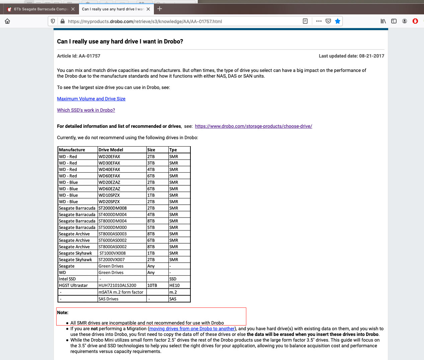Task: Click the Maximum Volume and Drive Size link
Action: (91, 99)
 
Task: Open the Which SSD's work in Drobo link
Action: (86, 110)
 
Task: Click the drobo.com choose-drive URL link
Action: (253, 126)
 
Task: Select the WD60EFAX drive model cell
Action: (109, 176)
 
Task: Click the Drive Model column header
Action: (111, 150)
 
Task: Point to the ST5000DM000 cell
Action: (113, 228)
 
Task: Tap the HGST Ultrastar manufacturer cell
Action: (73, 285)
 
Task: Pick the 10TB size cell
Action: (152, 285)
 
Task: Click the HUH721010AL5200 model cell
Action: (117, 285)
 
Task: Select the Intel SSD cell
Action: (67, 279)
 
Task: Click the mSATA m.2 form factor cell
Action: (121, 292)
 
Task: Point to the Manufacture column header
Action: (72, 150)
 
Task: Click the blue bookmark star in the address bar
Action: (338, 21)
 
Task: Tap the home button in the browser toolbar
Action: (7, 21)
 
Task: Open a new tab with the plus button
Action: (160, 9)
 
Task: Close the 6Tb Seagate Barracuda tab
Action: (73, 9)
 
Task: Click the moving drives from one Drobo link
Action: (192, 329)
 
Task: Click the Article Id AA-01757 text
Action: (79, 56)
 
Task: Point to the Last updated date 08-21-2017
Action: (351, 56)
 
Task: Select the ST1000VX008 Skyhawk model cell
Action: (112, 253)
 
